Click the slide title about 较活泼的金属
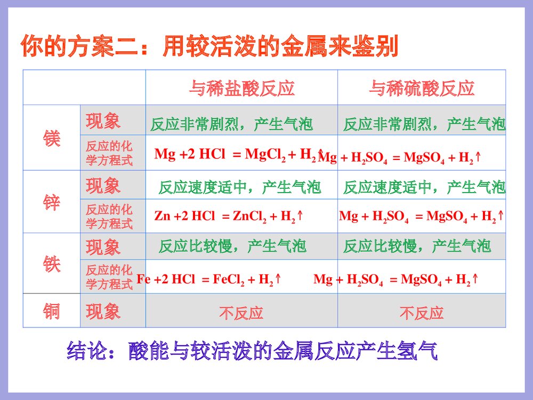[209, 47]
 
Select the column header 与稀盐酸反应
[241, 88]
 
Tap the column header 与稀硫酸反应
[422, 88]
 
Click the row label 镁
[52, 139]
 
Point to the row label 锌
[52, 203]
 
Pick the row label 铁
[52, 264]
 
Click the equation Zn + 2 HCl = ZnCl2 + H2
[229, 217]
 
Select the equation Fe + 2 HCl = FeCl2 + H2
[209, 279]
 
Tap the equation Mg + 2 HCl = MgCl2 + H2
[237, 155]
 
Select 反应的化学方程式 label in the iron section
[109, 277]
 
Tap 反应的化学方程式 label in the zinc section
[109, 216]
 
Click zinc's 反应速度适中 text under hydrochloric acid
[240, 188]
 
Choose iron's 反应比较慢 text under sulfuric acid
[417, 246]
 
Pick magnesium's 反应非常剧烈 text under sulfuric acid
[424, 125]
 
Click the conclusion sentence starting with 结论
[252, 352]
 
